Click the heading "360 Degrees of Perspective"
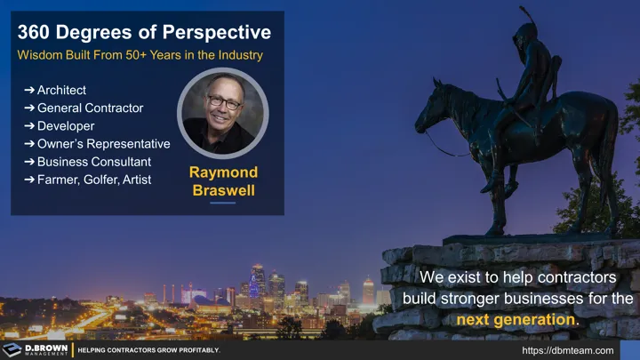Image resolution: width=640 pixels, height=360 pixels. coord(144,33)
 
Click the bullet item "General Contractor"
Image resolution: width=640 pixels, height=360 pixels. coord(90,108)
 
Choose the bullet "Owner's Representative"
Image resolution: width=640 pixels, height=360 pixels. coord(103,144)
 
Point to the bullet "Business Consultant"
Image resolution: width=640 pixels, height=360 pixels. coord(93,162)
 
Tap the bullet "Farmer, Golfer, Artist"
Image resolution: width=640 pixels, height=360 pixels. coord(93,180)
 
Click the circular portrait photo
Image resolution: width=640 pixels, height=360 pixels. coord(223,112)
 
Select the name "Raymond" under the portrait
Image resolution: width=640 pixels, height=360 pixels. coord(223,172)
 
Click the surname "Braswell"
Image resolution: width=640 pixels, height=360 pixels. coord(223,189)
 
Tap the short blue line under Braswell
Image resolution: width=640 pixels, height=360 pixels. coord(223,203)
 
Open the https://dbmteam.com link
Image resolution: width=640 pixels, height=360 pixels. coord(567,350)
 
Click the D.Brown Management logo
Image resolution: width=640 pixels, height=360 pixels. coord(36,349)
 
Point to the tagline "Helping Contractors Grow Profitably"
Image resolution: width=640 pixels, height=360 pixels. coord(148,350)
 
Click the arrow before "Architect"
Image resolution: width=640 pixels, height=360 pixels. coord(29,91)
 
